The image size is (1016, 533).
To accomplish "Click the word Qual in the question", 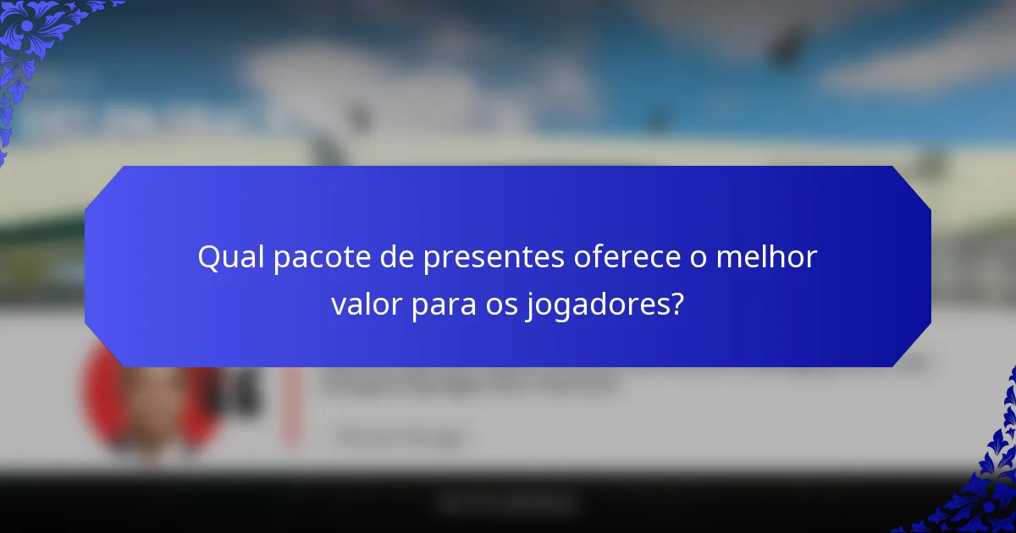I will coord(230,258).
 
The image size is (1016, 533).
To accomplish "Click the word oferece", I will coord(628,258).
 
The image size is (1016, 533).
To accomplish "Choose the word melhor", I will coord(766,258).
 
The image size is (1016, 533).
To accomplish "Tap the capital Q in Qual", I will coord(208,258).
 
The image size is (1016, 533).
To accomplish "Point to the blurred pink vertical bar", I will coord(292,406).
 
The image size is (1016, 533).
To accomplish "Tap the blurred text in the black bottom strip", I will coord(508,505).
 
